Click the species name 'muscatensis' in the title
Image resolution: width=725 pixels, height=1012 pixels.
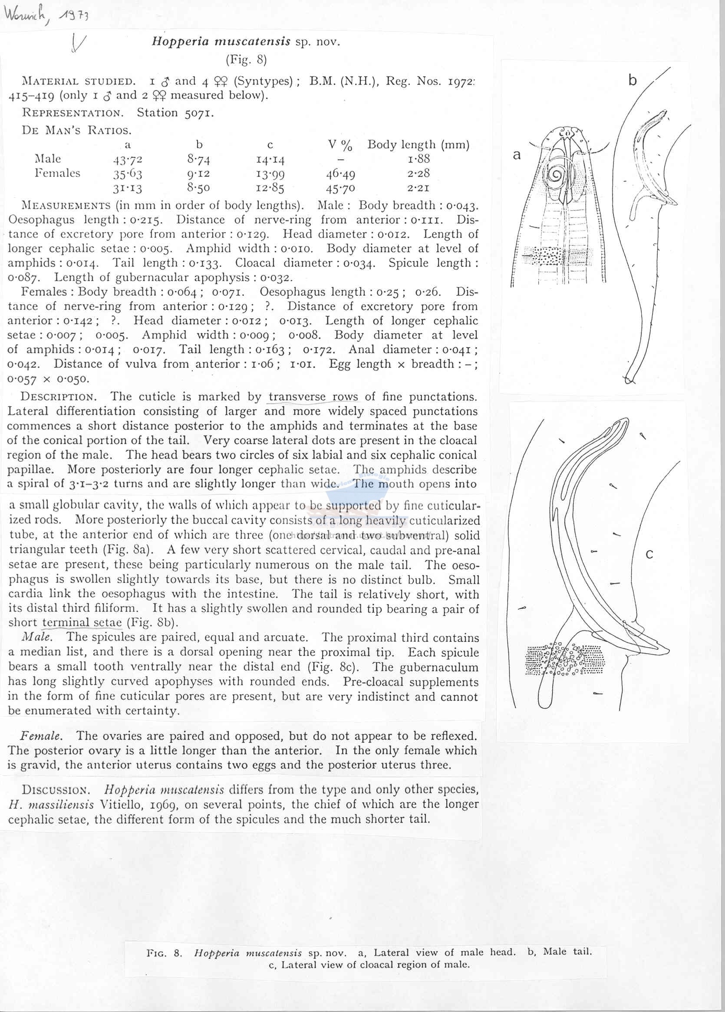click(253, 42)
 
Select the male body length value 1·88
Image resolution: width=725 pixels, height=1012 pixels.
click(419, 159)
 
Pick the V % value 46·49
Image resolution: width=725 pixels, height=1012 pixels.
click(341, 174)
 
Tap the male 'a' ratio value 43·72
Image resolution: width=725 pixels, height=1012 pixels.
click(128, 159)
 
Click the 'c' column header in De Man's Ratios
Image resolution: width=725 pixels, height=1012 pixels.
click(270, 145)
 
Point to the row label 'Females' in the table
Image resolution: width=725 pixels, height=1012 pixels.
click(58, 173)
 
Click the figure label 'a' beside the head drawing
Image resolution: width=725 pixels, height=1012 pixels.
click(517, 155)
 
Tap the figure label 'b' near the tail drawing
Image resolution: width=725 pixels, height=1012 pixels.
click(632, 80)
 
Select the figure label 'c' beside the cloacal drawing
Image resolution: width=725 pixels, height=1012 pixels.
click(649, 555)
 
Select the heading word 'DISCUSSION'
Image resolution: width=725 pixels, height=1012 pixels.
click(56, 789)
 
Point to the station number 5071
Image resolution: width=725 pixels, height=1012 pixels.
click(199, 113)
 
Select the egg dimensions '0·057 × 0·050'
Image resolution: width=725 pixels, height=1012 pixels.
click(48, 379)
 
